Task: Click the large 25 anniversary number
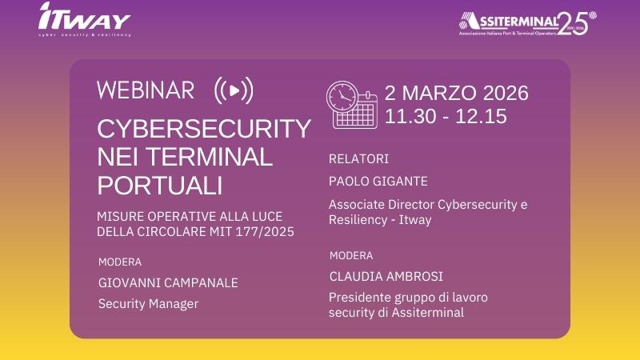[574, 22]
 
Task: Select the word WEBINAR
[146, 90]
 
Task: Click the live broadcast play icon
[234, 91]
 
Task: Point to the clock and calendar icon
[351, 104]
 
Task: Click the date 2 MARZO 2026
[457, 94]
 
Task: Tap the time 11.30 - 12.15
[446, 116]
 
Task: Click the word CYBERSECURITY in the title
[204, 129]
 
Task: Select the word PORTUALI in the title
[159, 185]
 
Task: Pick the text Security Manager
[148, 304]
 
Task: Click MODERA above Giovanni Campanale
[120, 262]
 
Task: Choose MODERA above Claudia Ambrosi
[351, 255]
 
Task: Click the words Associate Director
[379, 205]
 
